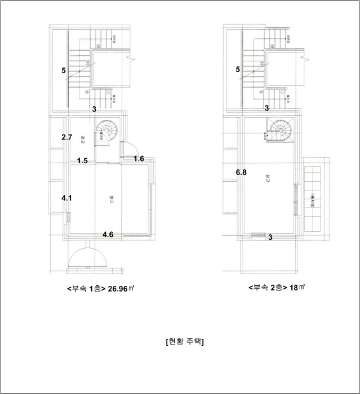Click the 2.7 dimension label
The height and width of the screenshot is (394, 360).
pos(66,137)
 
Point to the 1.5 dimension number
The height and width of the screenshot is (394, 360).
pos(82,160)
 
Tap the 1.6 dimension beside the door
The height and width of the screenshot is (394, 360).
pos(139,160)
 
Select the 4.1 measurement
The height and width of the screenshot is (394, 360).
pos(66,198)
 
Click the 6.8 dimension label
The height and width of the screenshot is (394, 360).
pos(241,173)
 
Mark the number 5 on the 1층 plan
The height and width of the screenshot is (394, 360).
pos(64,70)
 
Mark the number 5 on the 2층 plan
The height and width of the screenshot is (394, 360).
pos(238,70)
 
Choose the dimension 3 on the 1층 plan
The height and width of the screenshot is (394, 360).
pos(94,108)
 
